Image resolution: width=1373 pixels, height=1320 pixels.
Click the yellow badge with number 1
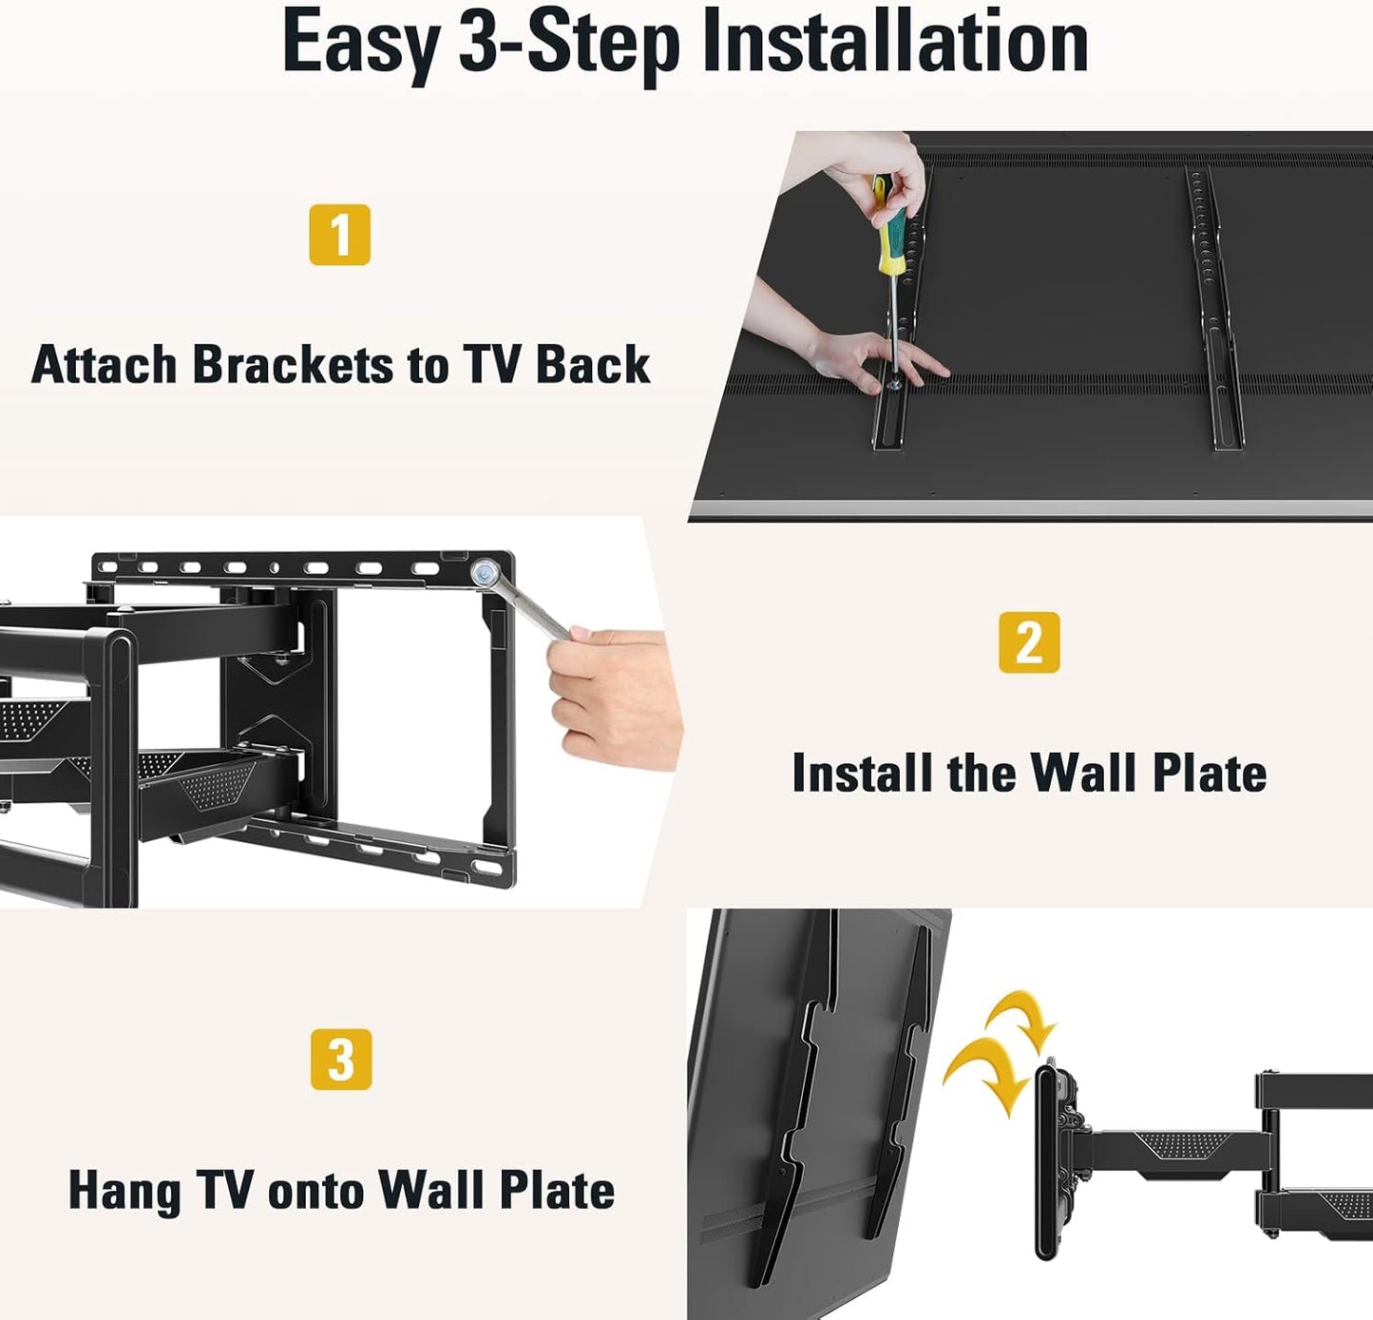click(x=339, y=235)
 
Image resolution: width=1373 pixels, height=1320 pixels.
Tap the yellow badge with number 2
click(x=1029, y=642)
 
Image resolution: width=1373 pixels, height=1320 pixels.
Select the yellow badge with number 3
click(x=341, y=1059)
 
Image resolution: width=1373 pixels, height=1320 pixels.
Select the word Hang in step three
click(x=124, y=1192)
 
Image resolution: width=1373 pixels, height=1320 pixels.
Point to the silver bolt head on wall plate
click(x=486, y=573)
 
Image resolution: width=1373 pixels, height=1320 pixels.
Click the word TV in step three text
click(x=225, y=1190)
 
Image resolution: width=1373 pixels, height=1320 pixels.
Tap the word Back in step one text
click(x=593, y=365)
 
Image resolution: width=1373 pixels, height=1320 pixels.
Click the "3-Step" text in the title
click(x=571, y=44)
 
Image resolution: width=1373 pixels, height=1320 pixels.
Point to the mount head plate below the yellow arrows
click(x=1047, y=1159)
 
